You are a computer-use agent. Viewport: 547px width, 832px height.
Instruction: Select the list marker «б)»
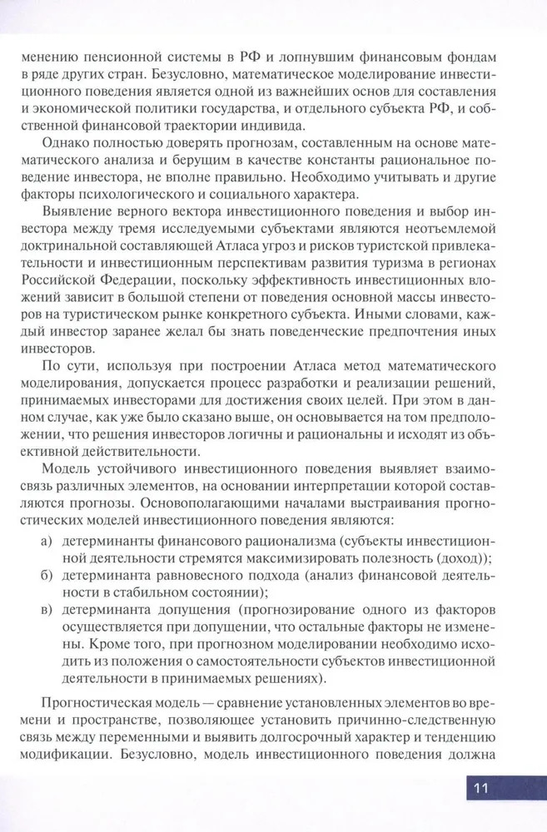pos(47,576)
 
